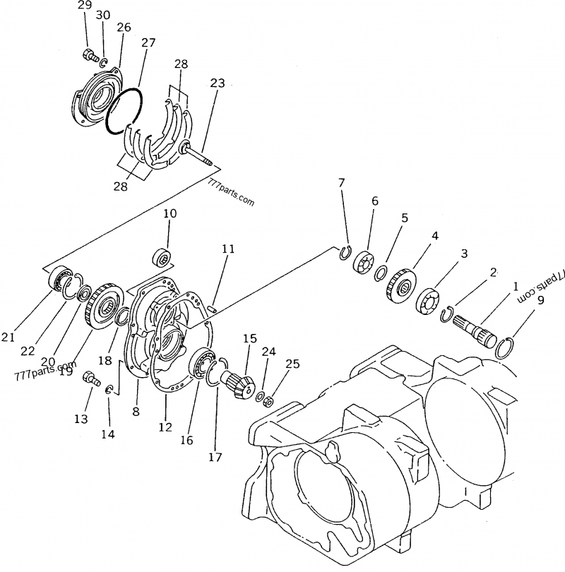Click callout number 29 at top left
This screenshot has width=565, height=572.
tap(85, 6)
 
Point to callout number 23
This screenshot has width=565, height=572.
tap(217, 83)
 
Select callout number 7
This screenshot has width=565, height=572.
tap(341, 184)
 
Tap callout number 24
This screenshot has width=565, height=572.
tap(268, 351)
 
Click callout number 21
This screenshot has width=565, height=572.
tap(8, 338)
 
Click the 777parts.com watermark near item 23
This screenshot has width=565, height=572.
tap(231, 191)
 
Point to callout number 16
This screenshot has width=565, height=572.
tap(186, 440)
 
